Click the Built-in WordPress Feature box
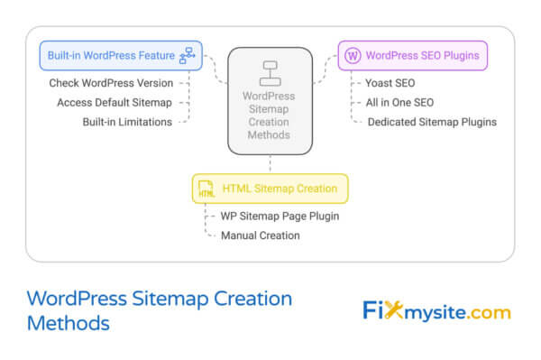tap(121, 56)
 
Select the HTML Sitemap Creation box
tap(270, 189)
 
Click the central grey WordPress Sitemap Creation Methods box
tap(270, 101)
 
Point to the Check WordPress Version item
tap(110, 83)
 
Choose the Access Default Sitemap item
tap(114, 102)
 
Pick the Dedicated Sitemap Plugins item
tap(432, 122)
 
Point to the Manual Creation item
tap(260, 235)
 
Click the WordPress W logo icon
tap(353, 56)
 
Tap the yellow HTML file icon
tap(206, 189)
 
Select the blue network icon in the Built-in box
tap(188, 56)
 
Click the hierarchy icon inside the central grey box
tap(270, 71)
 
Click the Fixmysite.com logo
tap(436, 311)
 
